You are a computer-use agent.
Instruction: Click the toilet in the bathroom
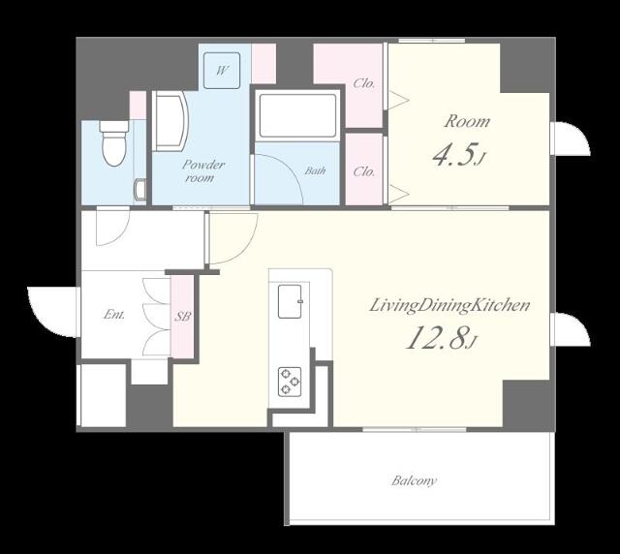pos(114,143)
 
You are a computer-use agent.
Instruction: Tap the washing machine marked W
pos(222,71)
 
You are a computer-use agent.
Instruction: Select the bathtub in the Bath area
pos(297,115)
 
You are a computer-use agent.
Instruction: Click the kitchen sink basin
pos(291,301)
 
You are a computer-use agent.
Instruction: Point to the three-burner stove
pos(290,382)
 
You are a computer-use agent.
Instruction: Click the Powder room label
pos(202,170)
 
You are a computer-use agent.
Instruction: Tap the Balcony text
pos(414,480)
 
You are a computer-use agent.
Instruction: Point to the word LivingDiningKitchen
pos(449,305)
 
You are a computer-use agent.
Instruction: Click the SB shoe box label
pos(183,317)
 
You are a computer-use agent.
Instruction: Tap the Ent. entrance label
pos(114,315)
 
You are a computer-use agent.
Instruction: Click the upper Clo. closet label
pos(364,83)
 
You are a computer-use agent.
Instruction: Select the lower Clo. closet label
pos(364,171)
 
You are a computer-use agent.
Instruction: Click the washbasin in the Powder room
pos(170,121)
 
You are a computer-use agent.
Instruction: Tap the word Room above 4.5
pos(467,121)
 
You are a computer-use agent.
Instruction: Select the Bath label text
pos(315,170)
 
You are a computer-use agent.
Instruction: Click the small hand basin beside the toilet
pos(140,189)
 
